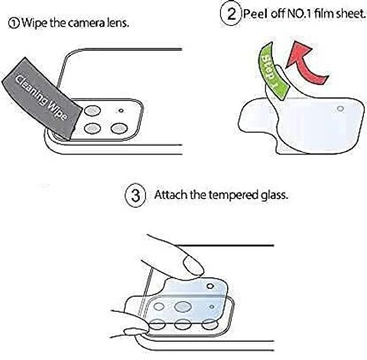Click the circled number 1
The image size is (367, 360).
pos(14,24)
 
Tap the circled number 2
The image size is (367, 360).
pos(231,14)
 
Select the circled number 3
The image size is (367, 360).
pos(135,195)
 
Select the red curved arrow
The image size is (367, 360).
pos(305,63)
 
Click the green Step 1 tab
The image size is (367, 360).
pos(274,70)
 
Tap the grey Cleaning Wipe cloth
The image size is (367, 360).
pos(42,98)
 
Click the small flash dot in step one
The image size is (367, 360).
pos(121,111)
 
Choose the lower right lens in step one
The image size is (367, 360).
pos(119,128)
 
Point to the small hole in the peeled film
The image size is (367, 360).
pos(340,109)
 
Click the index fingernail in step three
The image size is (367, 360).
pos(193,266)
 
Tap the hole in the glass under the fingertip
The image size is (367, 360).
pos(210,286)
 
